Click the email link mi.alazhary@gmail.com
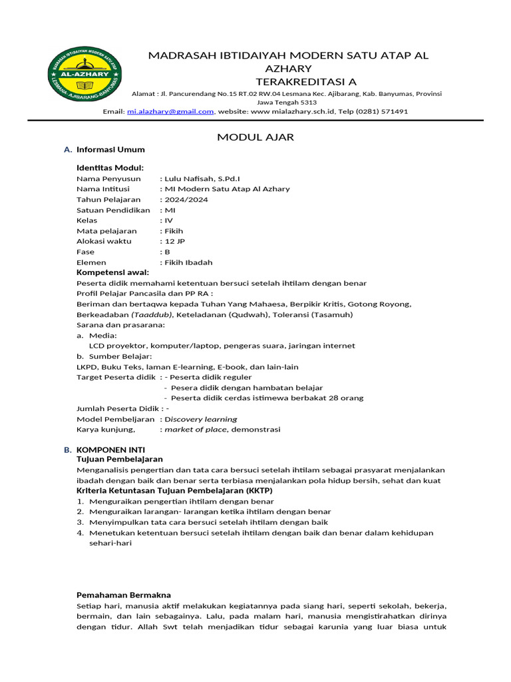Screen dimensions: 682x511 [170, 112]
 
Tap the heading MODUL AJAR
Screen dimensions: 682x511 [255, 137]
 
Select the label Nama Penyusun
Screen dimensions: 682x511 [108, 178]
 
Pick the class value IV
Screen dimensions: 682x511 [168, 220]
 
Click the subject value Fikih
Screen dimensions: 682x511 [174, 230]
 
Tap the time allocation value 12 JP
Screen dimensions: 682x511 [175, 241]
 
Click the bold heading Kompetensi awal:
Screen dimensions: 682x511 [112, 272]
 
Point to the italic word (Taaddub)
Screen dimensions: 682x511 [152, 314]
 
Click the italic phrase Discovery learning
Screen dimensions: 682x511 [201, 419]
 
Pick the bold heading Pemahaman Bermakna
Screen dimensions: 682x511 [123, 595]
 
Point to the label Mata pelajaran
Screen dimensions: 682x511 [106, 230]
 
